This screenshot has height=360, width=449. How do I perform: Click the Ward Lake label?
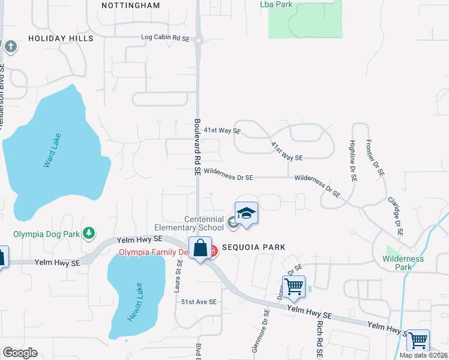[53, 150]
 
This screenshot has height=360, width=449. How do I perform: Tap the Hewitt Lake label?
[134, 302]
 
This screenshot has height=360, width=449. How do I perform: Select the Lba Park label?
[276, 4]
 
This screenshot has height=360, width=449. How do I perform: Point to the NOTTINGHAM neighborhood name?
[131, 5]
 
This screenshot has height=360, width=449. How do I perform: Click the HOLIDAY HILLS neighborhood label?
[61, 38]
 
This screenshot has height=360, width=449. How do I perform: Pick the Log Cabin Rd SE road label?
[165, 38]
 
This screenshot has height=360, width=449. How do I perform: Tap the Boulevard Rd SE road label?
[197, 146]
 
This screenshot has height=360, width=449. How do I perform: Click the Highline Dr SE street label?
[353, 161]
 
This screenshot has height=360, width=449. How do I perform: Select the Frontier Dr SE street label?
[378, 159]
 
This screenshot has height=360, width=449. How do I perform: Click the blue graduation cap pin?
[246, 214]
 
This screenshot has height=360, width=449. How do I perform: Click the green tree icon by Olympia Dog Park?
[89, 232]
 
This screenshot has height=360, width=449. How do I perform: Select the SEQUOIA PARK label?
[253, 247]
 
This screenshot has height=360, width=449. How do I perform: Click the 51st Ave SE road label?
[199, 302]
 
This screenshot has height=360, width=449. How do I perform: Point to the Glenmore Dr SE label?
[265, 329]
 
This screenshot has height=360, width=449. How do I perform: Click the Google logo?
[20, 353]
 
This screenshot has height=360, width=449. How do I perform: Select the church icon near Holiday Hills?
[10, 46]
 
